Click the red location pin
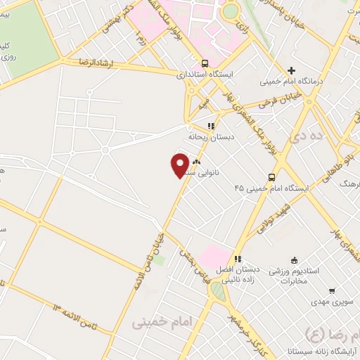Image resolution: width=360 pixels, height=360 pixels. (x=180, y=164)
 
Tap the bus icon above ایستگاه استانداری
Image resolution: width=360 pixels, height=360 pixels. (x=204, y=62)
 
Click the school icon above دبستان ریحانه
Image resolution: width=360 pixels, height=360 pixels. (x=210, y=126)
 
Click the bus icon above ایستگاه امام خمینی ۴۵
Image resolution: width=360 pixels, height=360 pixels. (x=271, y=177)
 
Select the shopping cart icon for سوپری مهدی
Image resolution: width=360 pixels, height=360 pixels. (x=331, y=291)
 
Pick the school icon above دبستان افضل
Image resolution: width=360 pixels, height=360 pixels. (x=238, y=258)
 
